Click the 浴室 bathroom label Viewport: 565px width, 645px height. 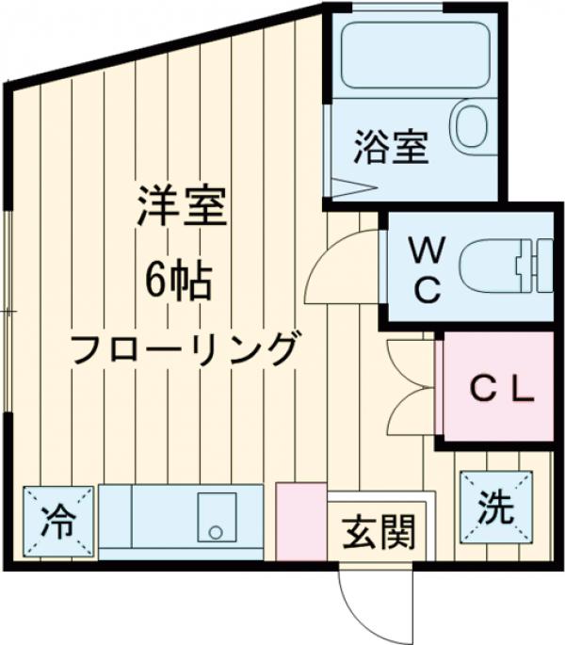[392, 149]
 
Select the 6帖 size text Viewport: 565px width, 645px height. [179, 279]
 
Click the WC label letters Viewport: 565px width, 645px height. [427, 270]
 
